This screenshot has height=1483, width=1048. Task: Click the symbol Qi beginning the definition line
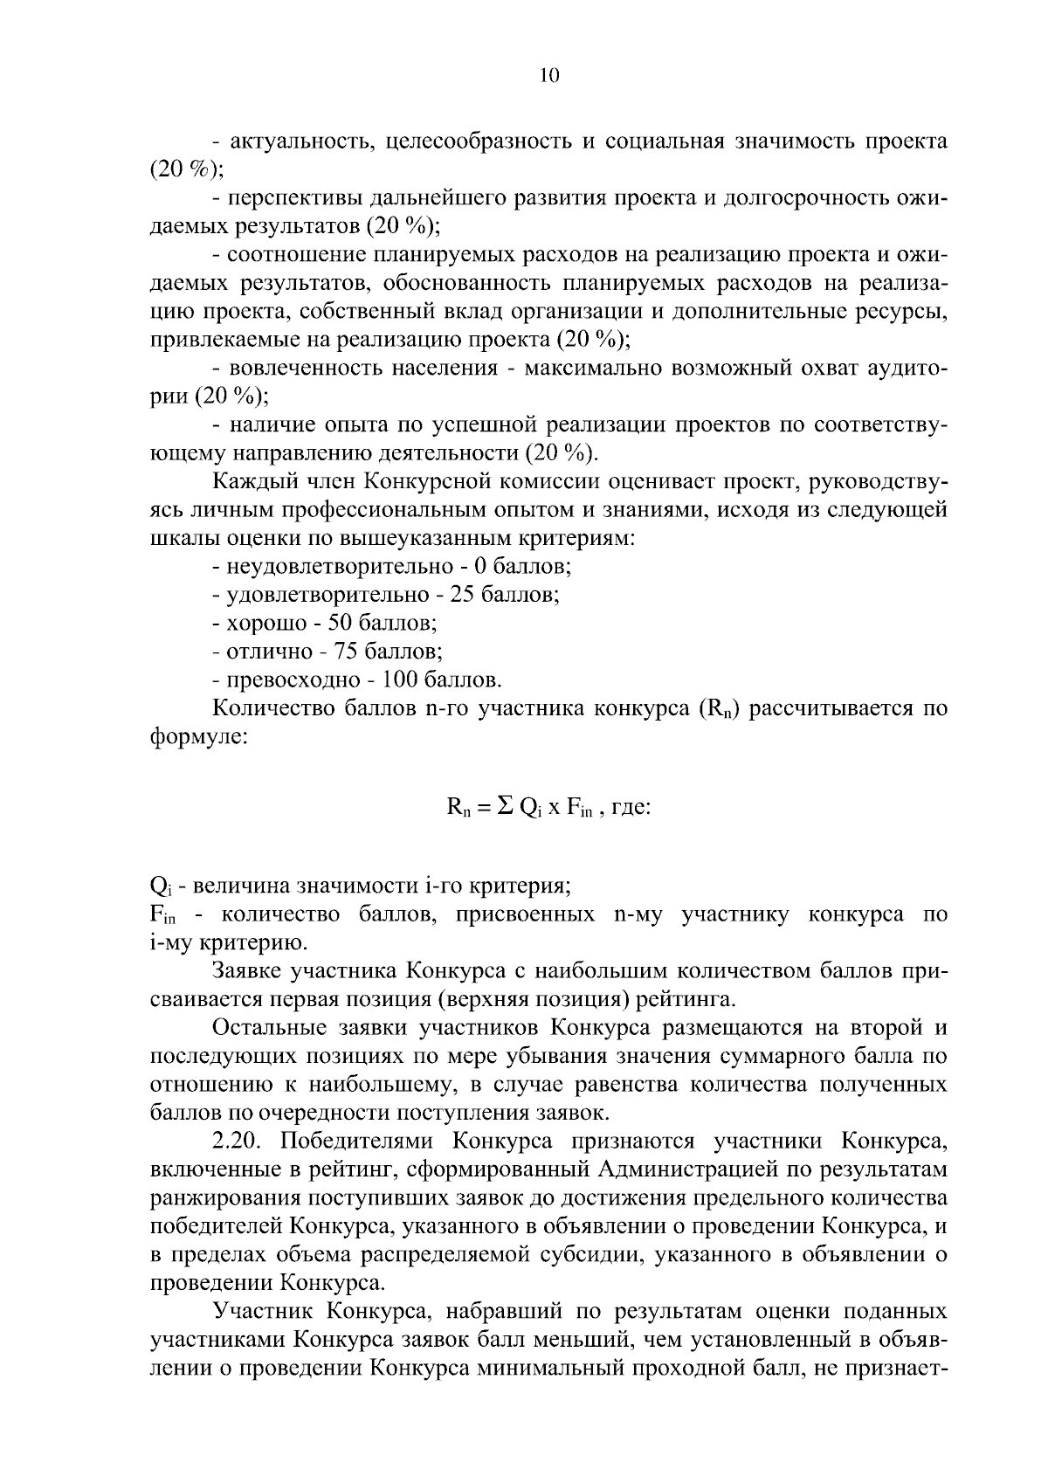159,887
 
